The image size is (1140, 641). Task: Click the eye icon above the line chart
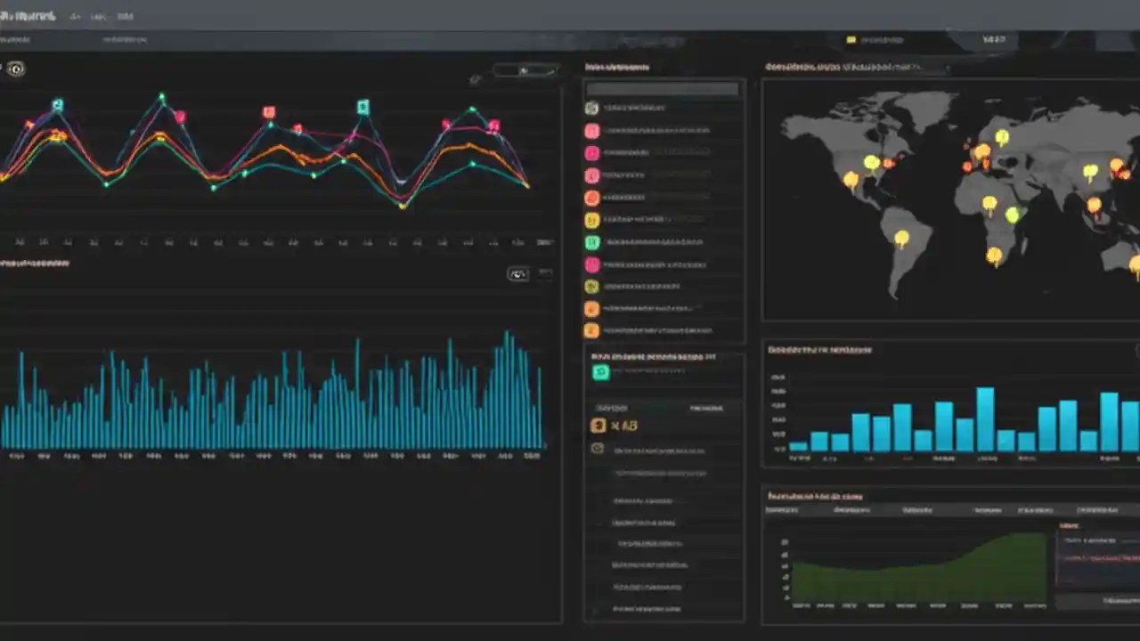16,69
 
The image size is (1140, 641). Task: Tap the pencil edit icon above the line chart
475,79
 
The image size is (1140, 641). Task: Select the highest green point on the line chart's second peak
162,95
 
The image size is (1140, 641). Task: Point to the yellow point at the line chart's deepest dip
403,206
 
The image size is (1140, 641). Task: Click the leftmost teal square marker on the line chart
58,105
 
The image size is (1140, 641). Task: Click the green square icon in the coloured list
591,242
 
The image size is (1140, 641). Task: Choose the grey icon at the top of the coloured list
591,109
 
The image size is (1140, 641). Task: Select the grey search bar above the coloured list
663,89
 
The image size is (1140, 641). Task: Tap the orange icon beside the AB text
598,426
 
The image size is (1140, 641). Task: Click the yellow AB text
624,426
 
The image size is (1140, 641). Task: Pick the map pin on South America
901,238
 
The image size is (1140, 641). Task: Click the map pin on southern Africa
994,256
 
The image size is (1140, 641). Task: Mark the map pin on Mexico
851,180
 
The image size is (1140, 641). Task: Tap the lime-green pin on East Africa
1012,215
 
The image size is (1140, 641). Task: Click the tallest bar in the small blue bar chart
985,418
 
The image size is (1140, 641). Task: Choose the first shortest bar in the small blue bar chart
798,446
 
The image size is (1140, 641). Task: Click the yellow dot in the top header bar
851,40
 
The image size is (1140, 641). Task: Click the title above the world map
842,67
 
